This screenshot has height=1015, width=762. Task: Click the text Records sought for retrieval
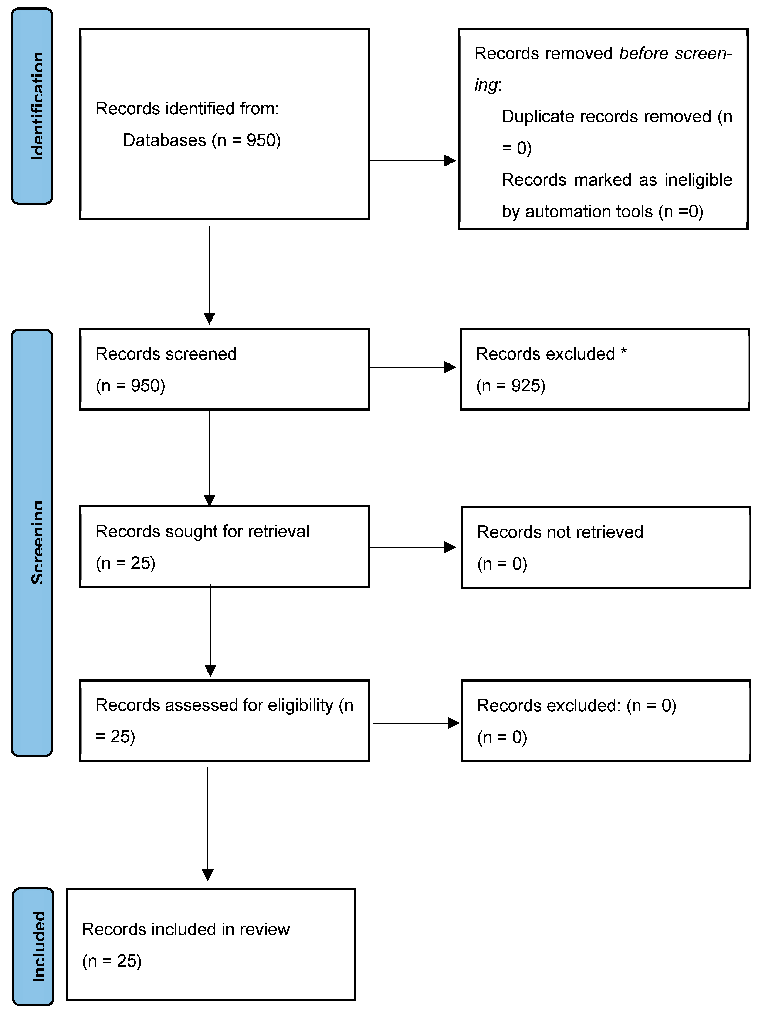coord(202,531)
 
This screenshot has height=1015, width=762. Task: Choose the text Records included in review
coord(186,929)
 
